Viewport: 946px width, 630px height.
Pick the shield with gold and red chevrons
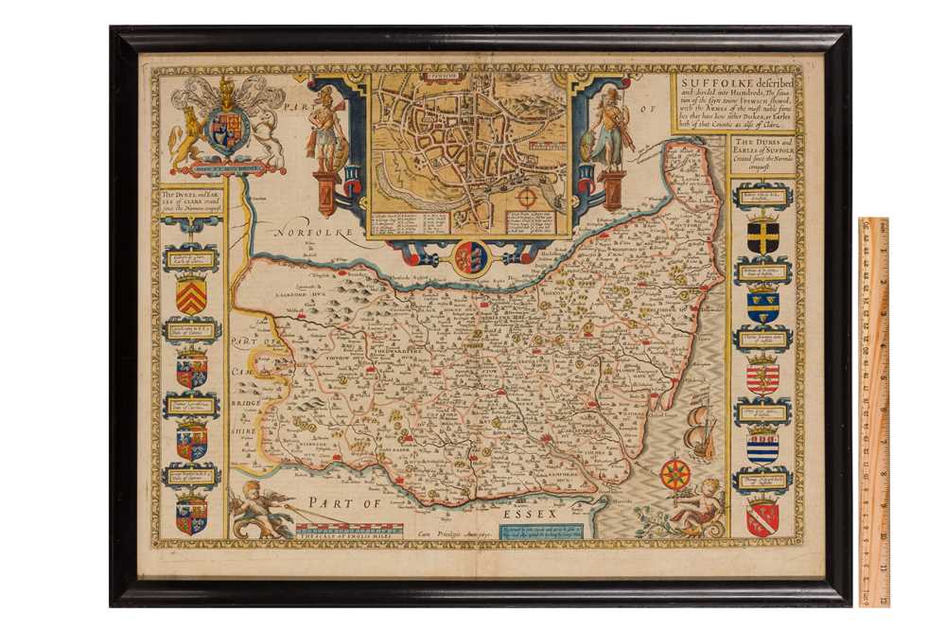point(191,296)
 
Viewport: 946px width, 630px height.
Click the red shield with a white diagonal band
point(762,516)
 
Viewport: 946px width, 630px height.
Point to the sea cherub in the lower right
point(698,507)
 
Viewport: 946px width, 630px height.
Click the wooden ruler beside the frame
point(873,411)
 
